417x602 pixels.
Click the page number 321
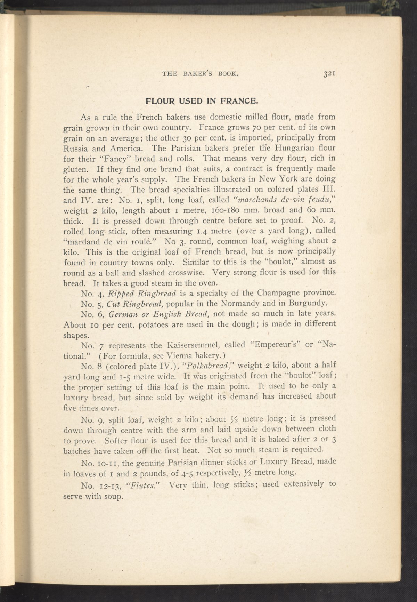328,74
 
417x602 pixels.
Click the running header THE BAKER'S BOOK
201,74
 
